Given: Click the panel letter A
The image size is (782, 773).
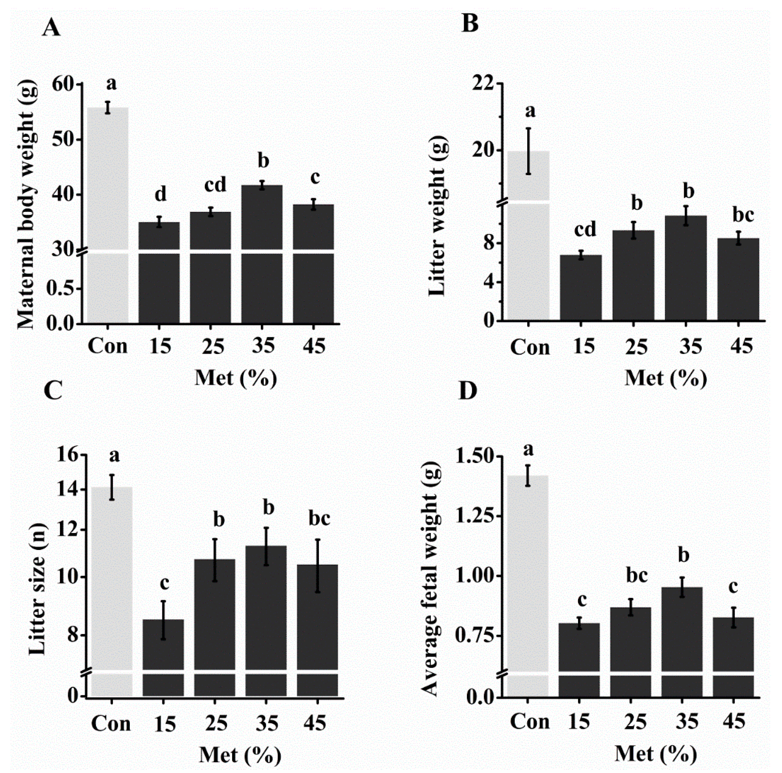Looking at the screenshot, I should click(51, 29).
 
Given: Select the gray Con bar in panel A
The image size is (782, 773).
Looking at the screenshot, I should click(108, 215).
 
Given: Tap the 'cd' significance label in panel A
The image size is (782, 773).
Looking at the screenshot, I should click(215, 185).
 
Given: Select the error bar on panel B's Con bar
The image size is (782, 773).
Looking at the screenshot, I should click(529, 151).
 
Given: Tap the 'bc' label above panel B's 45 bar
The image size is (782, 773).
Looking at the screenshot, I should click(743, 215).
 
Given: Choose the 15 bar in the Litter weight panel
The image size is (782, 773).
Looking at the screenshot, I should click(581, 288).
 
